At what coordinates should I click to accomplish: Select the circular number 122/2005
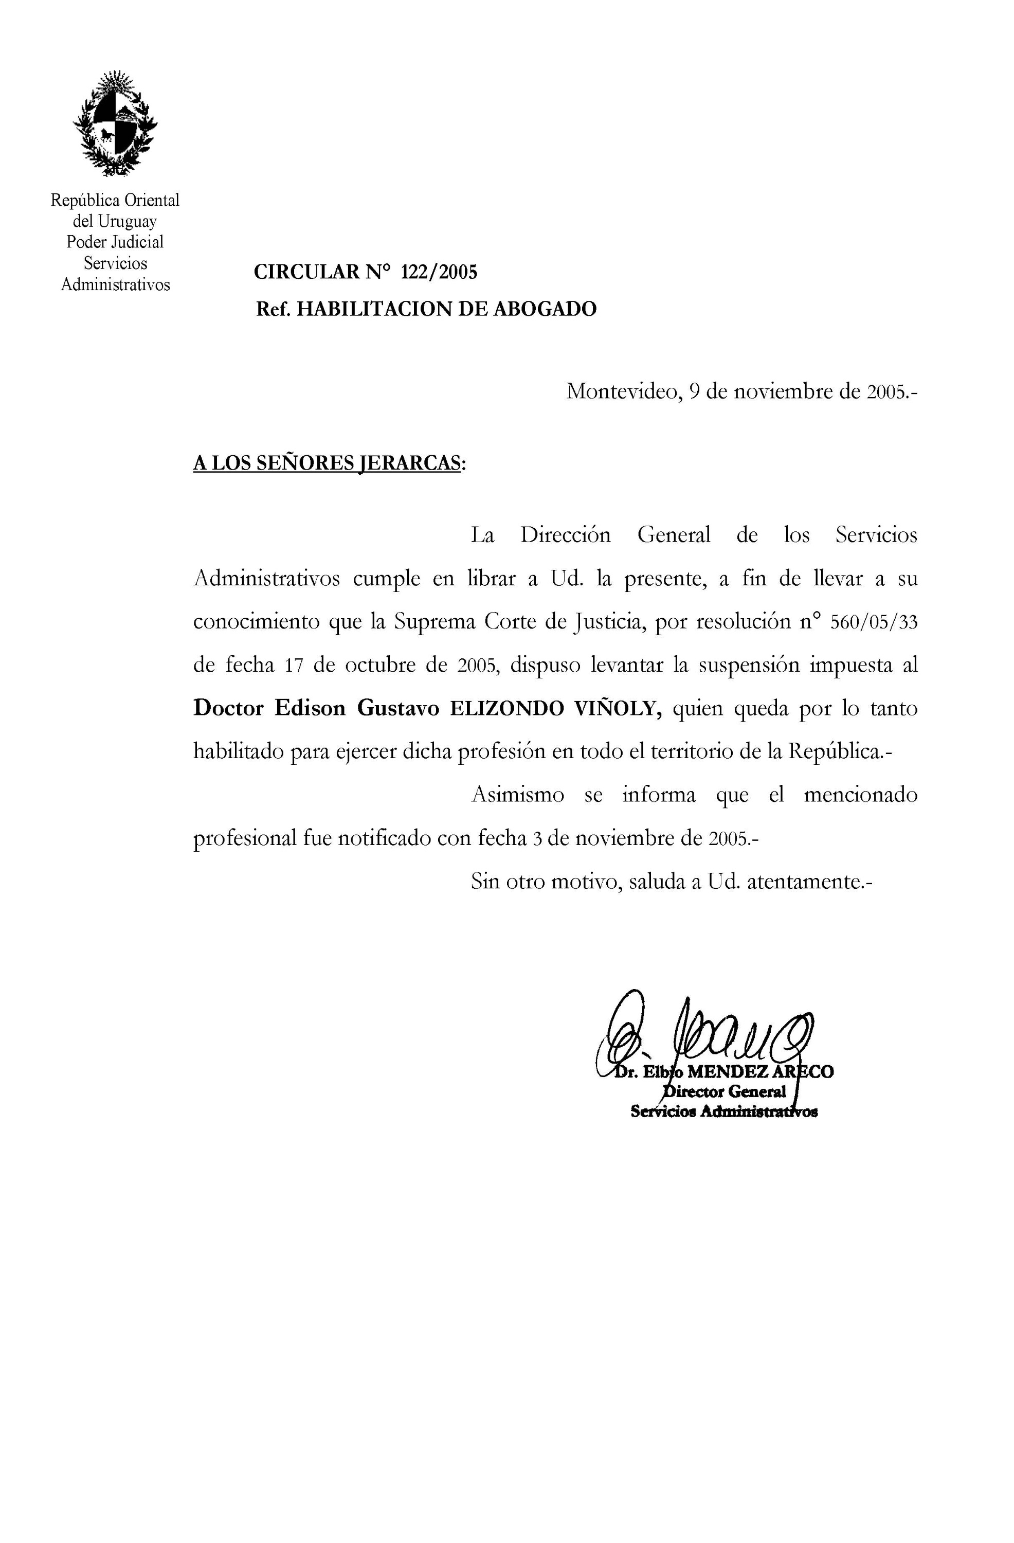439,272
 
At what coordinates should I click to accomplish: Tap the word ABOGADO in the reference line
545,309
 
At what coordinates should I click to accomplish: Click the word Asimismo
517,795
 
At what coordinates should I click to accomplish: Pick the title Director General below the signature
725,1092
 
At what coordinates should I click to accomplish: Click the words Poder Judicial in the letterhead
115,242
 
